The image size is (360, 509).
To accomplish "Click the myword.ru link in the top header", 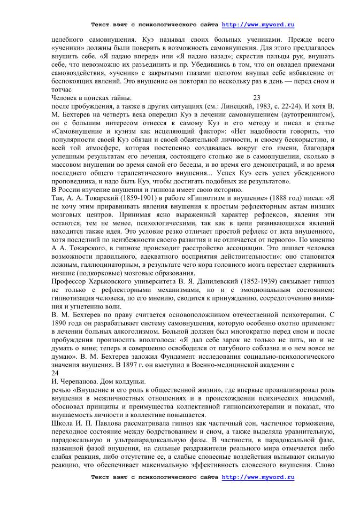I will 258,25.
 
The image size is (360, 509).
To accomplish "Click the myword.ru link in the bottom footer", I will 258,492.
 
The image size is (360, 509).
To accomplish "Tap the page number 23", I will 256,98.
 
